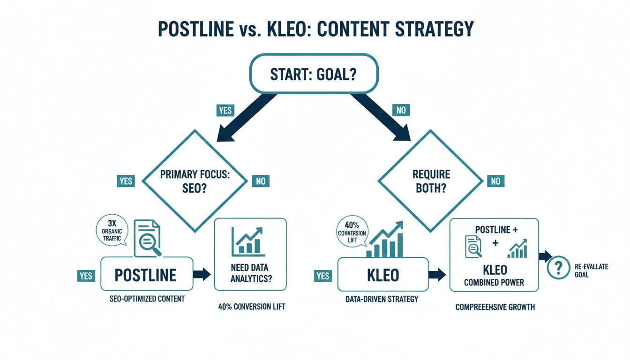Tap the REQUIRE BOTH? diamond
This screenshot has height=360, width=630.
coord(431,181)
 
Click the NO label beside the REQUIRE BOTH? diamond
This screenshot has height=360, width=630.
coord(495,181)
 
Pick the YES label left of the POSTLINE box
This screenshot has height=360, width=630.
coord(86,276)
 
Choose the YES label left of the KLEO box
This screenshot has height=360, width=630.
coord(323,276)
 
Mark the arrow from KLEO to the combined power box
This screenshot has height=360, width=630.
coord(437,275)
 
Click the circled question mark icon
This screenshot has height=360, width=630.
coord(558,268)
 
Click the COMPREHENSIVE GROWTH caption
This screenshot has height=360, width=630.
coord(495,307)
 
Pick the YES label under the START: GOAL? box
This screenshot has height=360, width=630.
coord(225,111)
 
